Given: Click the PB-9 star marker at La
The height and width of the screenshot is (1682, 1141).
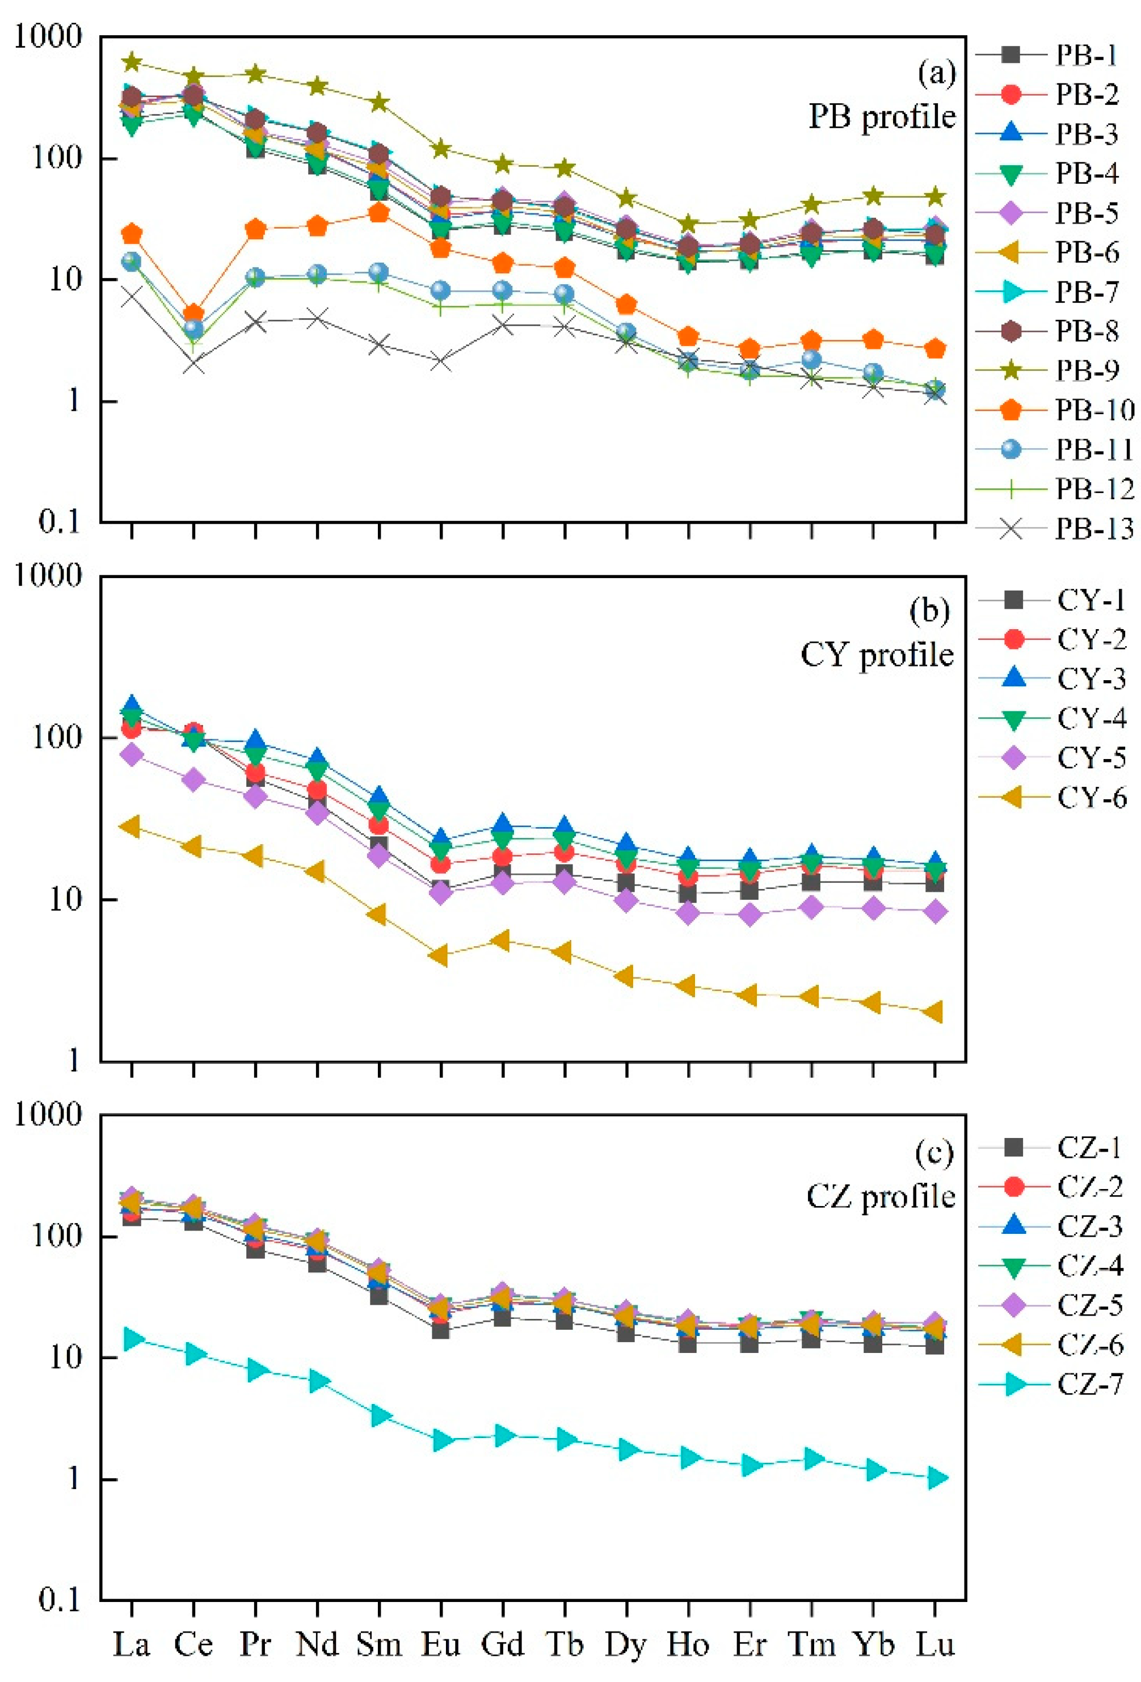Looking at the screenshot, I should [x=131, y=62].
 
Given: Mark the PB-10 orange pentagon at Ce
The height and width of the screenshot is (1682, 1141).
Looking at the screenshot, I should [x=193, y=313].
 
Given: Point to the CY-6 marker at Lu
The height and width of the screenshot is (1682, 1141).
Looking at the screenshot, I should [x=936, y=1012].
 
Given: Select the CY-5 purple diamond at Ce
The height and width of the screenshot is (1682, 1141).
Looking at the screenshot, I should [x=193, y=779].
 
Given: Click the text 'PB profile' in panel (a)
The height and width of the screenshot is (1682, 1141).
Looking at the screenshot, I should [x=881, y=116].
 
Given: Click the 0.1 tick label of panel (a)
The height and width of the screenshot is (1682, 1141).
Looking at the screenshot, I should [x=60, y=522].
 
